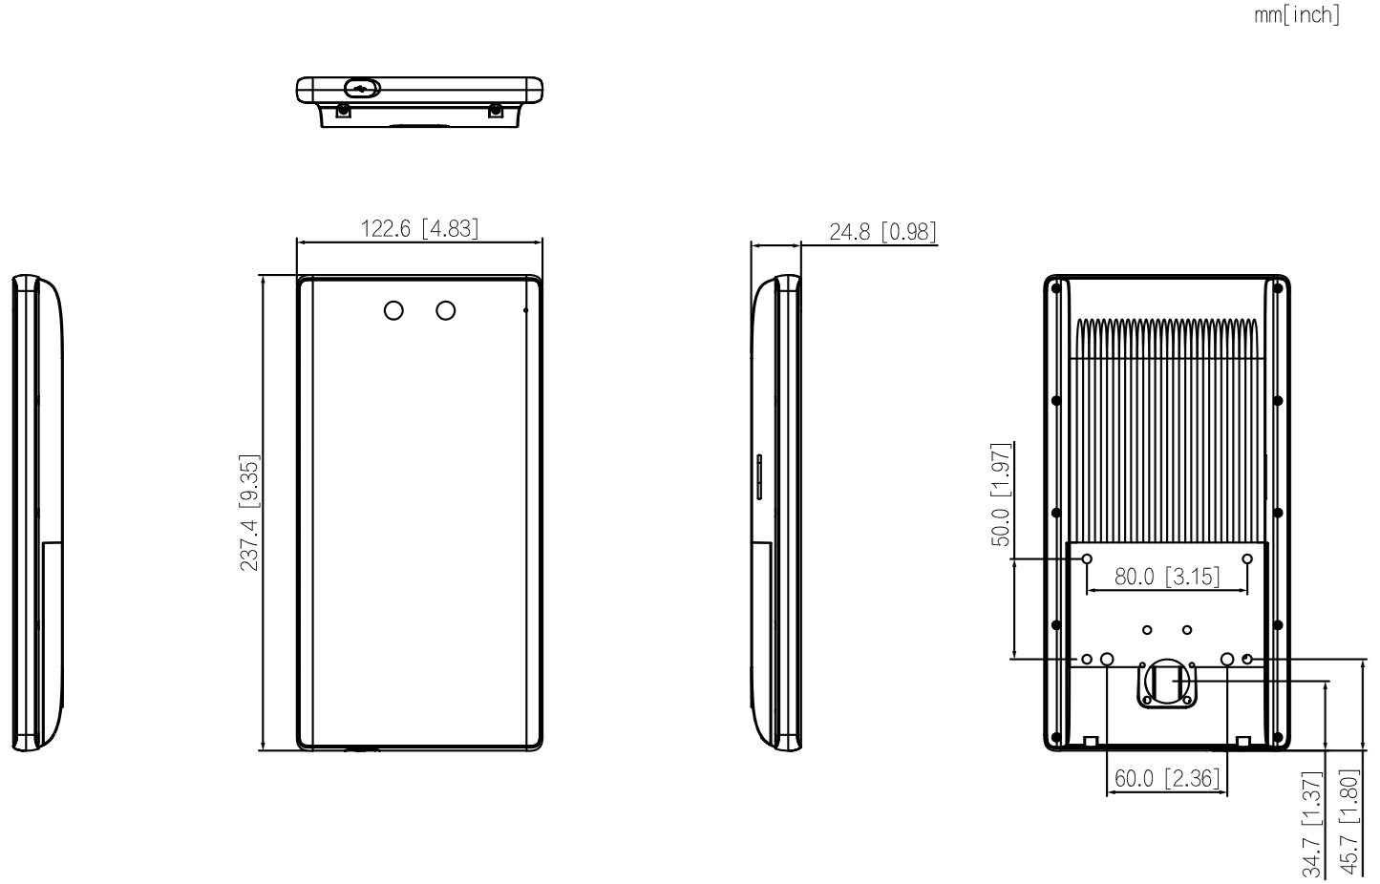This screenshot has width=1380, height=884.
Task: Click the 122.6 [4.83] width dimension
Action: (x=419, y=229)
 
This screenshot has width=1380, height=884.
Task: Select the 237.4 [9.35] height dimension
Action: (x=250, y=512)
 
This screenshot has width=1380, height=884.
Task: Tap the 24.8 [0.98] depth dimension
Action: (x=882, y=232)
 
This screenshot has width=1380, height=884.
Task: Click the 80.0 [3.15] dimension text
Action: (x=1167, y=577)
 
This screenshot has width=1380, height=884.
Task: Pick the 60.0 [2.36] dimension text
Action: (x=1167, y=778)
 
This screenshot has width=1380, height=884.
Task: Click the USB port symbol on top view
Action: (x=362, y=89)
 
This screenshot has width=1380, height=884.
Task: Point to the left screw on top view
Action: (x=343, y=111)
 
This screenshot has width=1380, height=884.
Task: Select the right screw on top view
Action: (x=496, y=111)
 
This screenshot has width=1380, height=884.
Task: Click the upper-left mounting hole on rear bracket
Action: (x=1087, y=558)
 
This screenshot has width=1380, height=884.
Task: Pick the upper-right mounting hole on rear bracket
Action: (x=1247, y=558)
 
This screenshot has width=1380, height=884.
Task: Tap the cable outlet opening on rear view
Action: (x=1166, y=682)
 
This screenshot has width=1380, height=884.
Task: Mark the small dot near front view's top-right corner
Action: (x=525, y=309)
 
